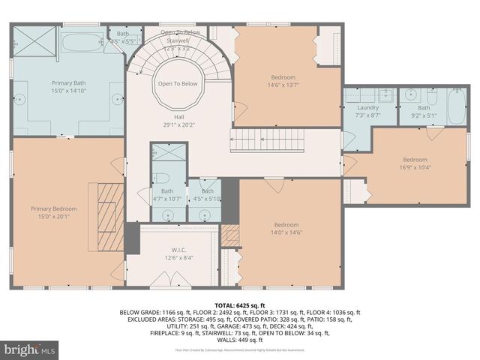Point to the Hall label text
point(178,115)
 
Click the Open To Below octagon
point(177,84)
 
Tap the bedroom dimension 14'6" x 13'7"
point(283,85)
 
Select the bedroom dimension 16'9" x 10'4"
point(414,167)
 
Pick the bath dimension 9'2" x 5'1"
point(424,116)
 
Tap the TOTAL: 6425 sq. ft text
point(240,306)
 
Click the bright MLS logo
point(30,349)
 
